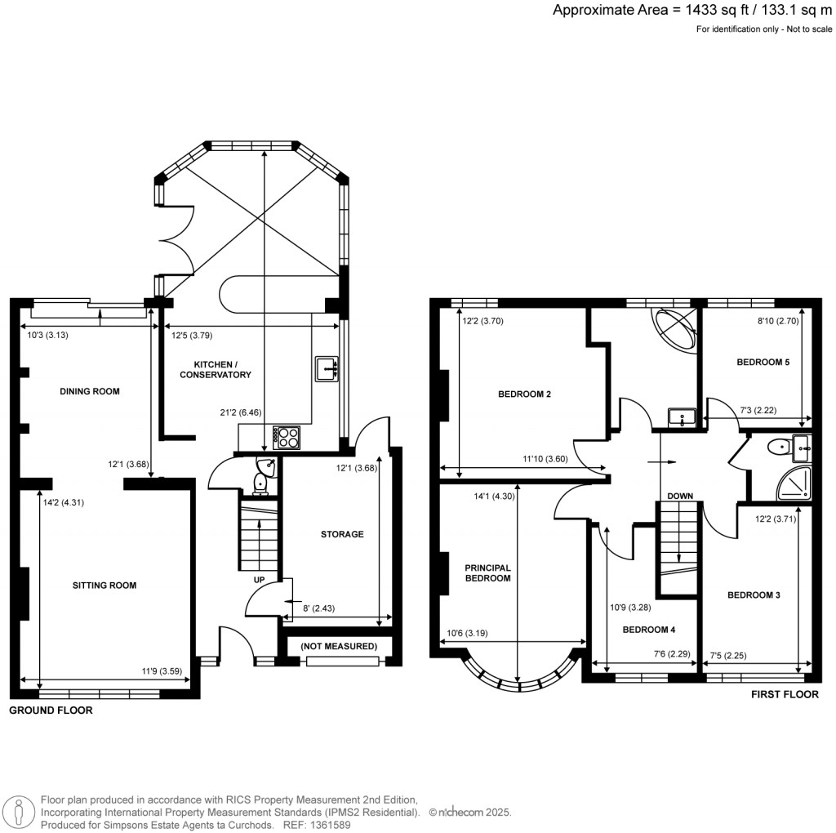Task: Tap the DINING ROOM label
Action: [x=90, y=391]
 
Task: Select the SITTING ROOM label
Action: [x=104, y=586]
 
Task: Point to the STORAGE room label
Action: [x=341, y=534]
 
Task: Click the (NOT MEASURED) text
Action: [x=339, y=646]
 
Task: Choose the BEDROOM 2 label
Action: [x=524, y=394]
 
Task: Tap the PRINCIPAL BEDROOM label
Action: [x=488, y=572]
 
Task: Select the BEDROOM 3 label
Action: [x=754, y=595]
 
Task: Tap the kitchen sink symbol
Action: [x=326, y=370]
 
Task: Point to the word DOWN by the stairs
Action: [x=679, y=496]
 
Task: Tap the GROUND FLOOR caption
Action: [x=51, y=710]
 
